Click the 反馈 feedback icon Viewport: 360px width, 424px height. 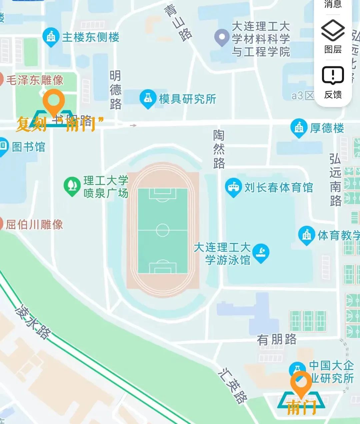point(333,75)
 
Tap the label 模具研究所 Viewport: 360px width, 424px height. point(188,99)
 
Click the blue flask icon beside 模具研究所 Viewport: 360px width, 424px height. point(148,98)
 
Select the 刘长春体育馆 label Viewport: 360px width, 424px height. point(279,188)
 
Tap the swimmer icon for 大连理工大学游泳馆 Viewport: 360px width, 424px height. point(261,252)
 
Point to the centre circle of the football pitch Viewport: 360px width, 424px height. point(163,230)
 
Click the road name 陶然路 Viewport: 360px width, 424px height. point(219,149)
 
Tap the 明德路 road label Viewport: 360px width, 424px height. point(115,90)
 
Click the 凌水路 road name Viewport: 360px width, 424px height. point(33,321)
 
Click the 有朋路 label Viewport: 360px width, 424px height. point(277,340)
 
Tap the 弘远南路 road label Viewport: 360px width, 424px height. point(335,180)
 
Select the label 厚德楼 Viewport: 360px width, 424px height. point(327,128)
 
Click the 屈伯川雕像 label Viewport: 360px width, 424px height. point(34,224)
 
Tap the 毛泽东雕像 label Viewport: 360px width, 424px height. point(35,80)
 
